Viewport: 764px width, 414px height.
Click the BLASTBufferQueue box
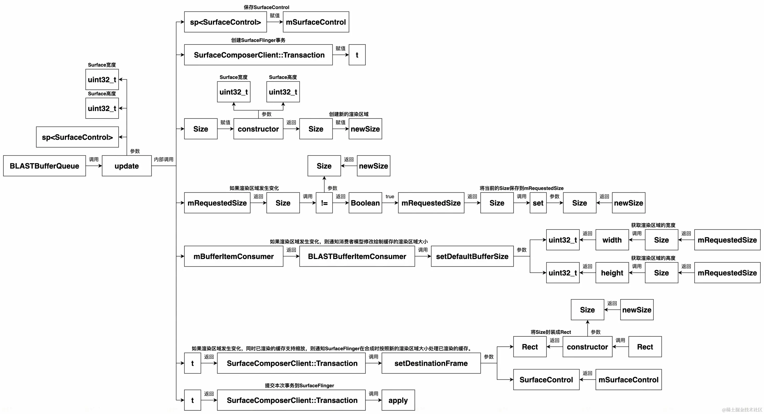coord(44,166)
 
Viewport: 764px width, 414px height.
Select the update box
coord(127,166)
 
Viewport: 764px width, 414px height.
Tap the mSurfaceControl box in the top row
coord(316,22)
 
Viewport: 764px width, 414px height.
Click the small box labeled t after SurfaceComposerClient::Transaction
coord(357,55)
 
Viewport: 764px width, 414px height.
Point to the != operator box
coord(324,203)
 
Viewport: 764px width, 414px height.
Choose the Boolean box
coord(365,203)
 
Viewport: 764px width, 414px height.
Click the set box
coord(538,203)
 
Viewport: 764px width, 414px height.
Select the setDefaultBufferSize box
coord(472,256)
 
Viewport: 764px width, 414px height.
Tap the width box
coord(612,240)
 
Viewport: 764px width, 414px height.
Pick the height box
coord(612,273)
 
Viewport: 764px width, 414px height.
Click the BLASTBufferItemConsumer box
coord(357,256)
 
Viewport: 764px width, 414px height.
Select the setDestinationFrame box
coord(431,363)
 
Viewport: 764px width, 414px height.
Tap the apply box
coord(398,400)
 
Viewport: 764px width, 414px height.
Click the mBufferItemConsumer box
coord(233,256)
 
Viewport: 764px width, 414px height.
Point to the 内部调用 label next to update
coord(164,160)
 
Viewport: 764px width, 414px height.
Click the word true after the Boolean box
coord(390,196)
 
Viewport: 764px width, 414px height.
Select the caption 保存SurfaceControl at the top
coord(266,7)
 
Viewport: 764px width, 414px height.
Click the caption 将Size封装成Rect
coord(551,332)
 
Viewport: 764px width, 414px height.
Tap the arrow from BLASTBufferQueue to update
coord(94,166)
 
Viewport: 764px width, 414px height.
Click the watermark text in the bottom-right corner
coord(742,409)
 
